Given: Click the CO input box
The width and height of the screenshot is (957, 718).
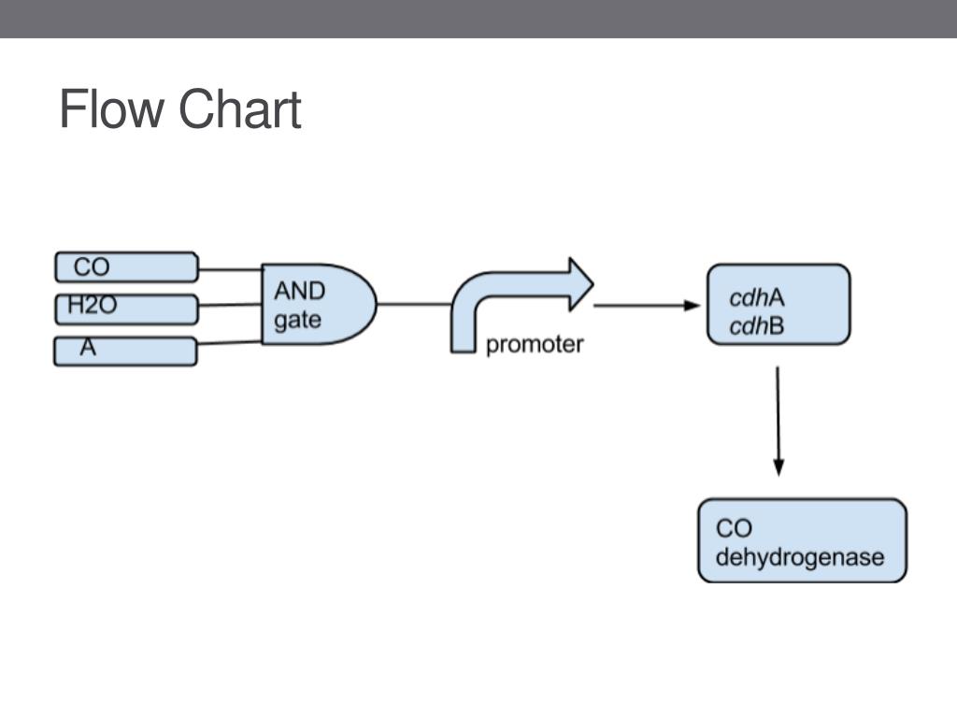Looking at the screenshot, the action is (x=126, y=266).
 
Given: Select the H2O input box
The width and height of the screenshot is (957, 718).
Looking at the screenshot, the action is (x=126, y=309).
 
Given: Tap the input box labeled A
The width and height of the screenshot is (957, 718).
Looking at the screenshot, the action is (x=125, y=352).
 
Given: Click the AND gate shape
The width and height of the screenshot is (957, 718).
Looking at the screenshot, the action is (x=319, y=304).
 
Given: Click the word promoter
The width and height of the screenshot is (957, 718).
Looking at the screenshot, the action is (x=535, y=344).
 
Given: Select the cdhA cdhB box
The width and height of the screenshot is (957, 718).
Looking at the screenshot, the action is (x=778, y=305).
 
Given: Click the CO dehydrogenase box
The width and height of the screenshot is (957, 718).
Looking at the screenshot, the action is (x=802, y=540).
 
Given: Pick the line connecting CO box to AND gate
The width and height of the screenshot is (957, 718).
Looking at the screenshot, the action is (x=230, y=269).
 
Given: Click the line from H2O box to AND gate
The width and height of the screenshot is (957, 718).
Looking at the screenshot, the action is (x=230, y=305).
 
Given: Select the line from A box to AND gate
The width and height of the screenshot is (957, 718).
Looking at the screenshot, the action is (x=230, y=343).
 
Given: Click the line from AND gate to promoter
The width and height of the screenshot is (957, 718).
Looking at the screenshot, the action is (x=414, y=304).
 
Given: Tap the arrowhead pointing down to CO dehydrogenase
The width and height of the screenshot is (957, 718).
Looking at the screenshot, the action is (x=778, y=468).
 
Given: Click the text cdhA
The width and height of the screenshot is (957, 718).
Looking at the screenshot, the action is (x=757, y=297).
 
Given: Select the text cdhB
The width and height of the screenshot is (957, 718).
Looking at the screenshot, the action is (x=757, y=326).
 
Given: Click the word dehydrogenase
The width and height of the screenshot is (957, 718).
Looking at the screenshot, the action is (x=800, y=558).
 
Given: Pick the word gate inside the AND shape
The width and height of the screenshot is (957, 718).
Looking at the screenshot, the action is (x=298, y=321).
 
